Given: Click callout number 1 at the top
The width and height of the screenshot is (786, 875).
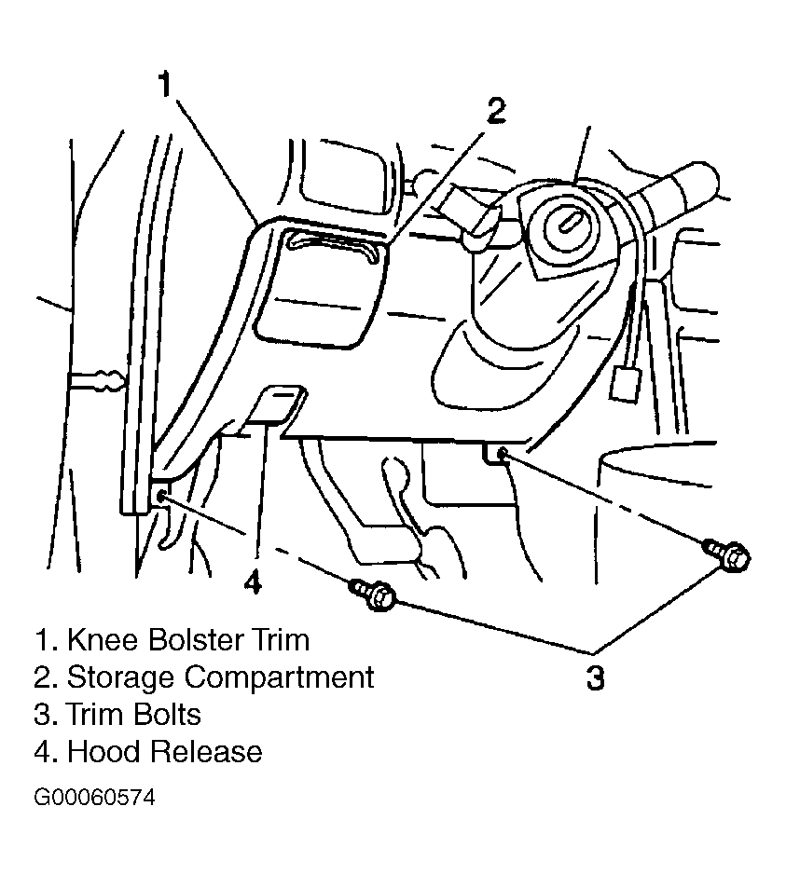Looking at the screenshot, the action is point(164,85).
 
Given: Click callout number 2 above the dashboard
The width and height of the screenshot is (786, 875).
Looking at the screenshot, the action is point(496,110).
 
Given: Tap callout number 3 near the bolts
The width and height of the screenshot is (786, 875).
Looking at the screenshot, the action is point(596,677).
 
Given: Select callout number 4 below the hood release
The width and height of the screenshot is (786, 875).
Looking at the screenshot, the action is point(253,582).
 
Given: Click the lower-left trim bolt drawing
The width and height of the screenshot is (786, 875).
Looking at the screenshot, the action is point(373,594).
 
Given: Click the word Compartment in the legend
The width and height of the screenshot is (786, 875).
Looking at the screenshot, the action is point(279,677).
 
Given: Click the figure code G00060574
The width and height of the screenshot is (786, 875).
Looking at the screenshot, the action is point(94,798).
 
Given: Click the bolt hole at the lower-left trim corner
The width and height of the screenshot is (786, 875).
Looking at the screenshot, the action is point(161,496).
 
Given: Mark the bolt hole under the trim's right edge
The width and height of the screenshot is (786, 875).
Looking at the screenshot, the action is point(502,454).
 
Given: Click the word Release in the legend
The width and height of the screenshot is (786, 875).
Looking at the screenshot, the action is point(206,752).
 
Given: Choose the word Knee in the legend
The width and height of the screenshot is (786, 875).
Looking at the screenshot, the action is point(103,640).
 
